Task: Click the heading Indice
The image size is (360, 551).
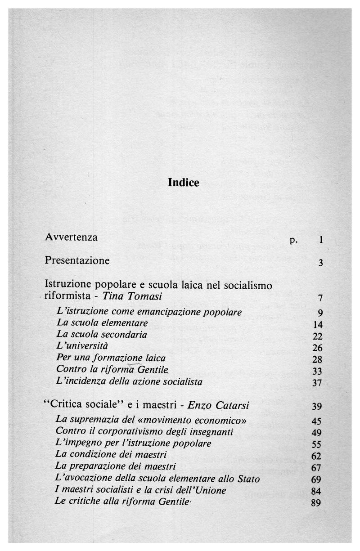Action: tap(184, 182)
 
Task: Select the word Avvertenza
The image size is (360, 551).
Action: tap(72, 237)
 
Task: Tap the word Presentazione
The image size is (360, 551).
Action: tap(77, 260)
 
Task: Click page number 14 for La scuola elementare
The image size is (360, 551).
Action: tap(316, 325)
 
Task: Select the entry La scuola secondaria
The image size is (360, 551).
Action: tap(102, 335)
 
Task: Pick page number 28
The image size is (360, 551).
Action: tap(316, 359)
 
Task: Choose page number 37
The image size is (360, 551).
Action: tap(316, 383)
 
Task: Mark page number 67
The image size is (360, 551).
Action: tap(316, 467)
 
